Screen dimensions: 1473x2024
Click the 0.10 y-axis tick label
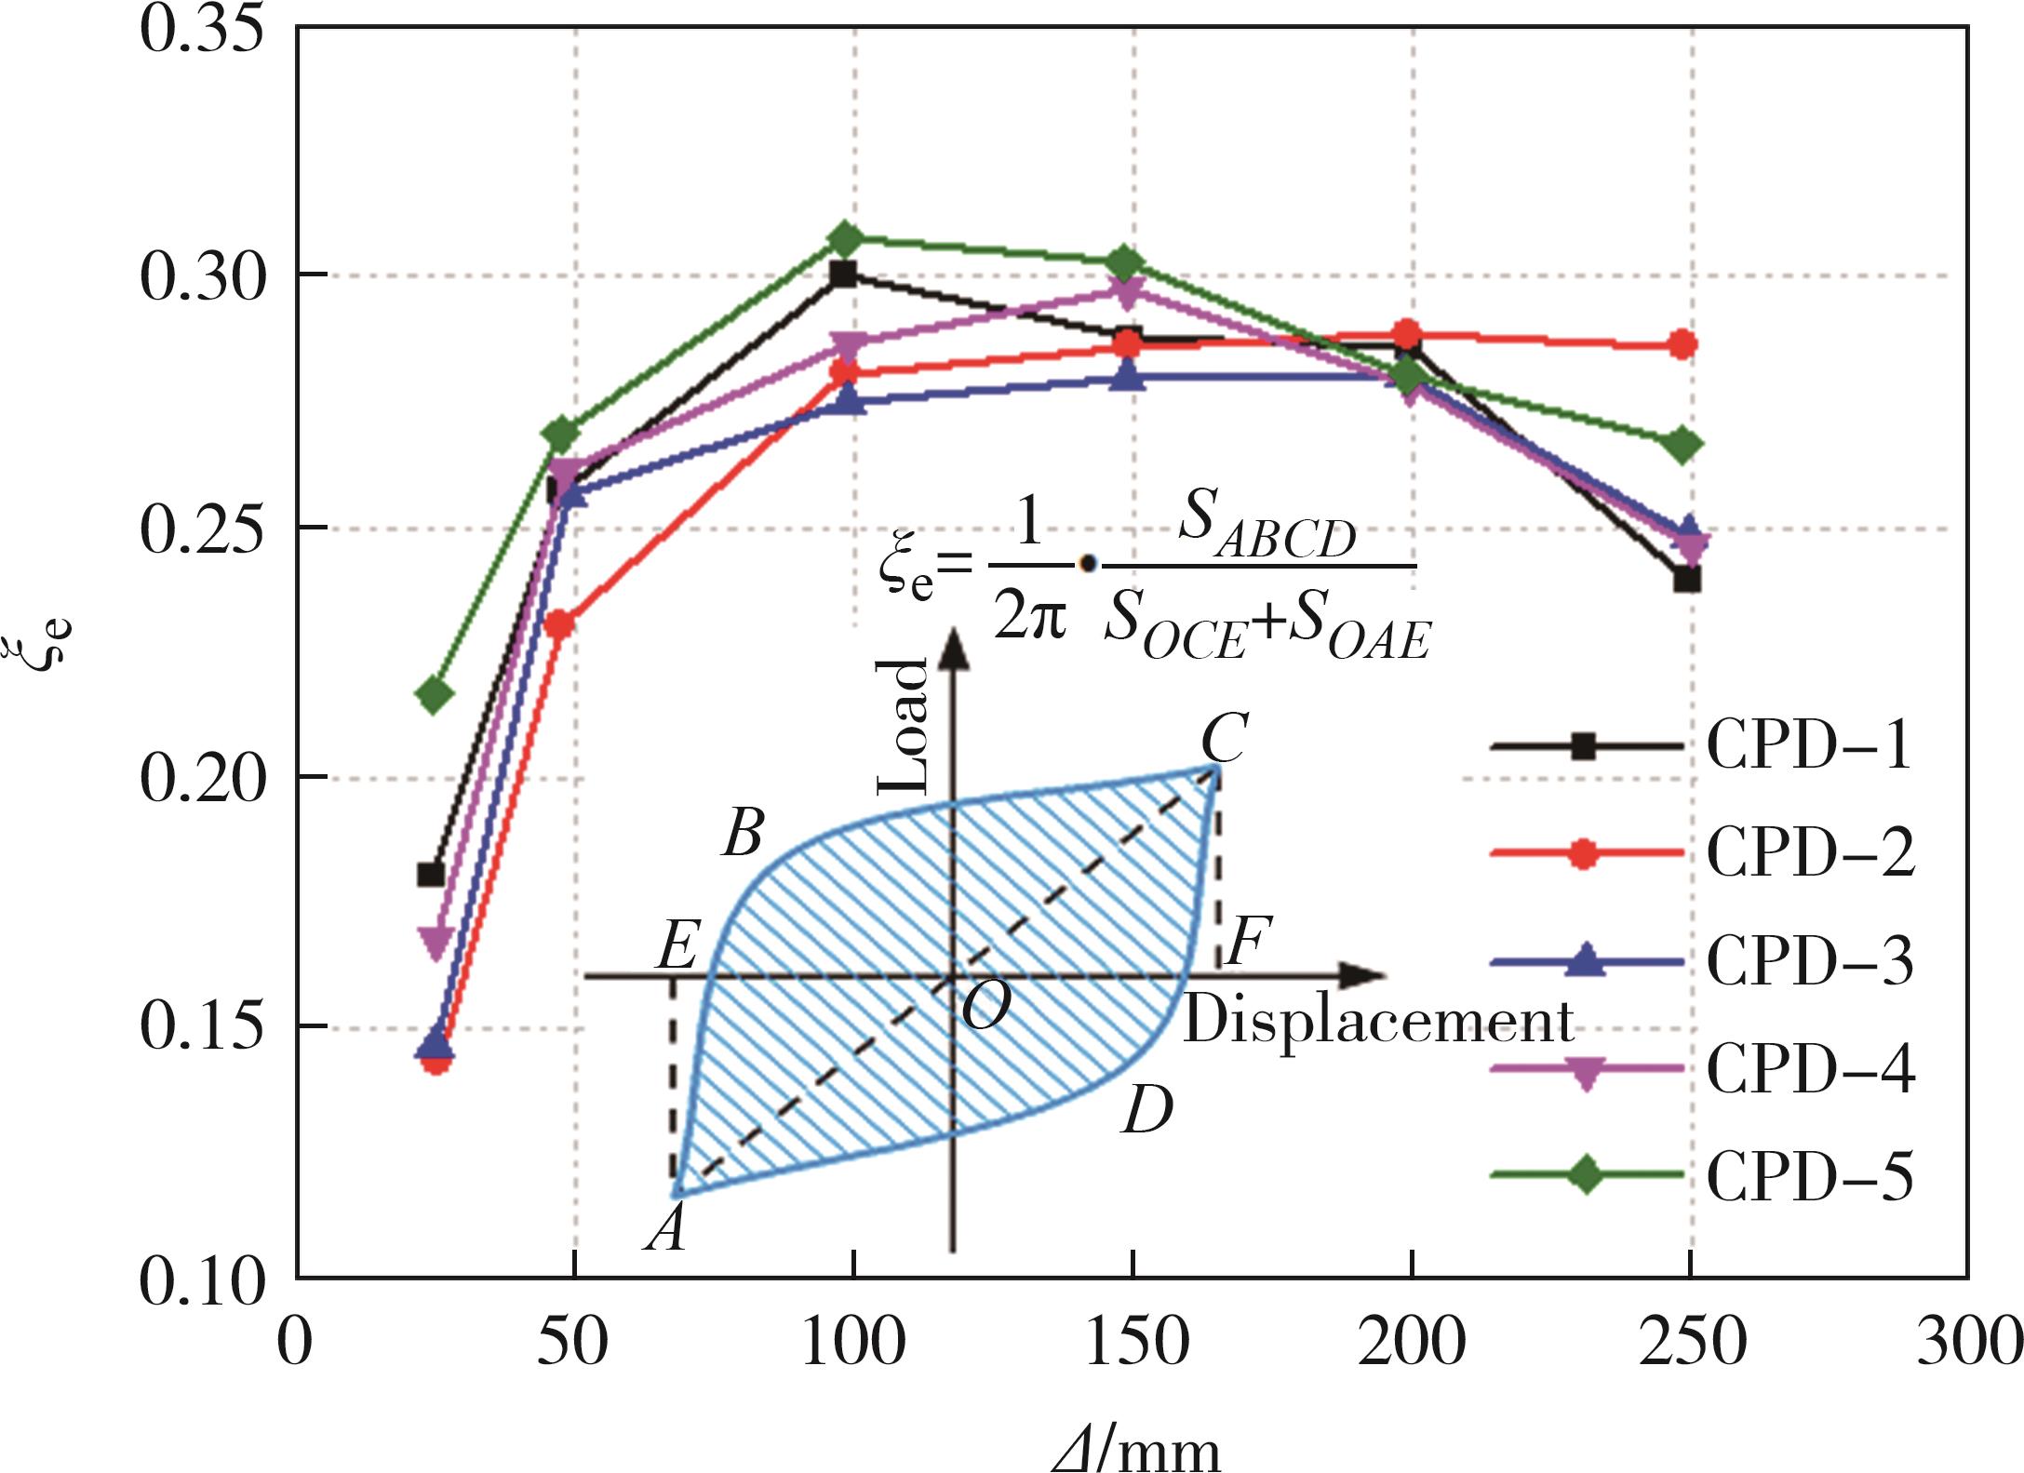click(201, 1282)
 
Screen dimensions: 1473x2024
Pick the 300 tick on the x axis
click(1969, 1342)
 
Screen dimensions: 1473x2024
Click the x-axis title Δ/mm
click(1136, 1448)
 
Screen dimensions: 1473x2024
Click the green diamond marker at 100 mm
click(845, 240)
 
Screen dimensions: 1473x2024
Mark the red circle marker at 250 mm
click(1682, 345)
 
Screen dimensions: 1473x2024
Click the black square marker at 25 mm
click(430, 875)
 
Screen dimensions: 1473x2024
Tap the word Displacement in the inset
click(1377, 1022)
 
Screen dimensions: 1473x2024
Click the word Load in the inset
click(904, 726)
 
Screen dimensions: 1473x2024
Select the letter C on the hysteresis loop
click(1224, 739)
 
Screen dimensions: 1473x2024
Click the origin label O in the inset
click(985, 1006)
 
